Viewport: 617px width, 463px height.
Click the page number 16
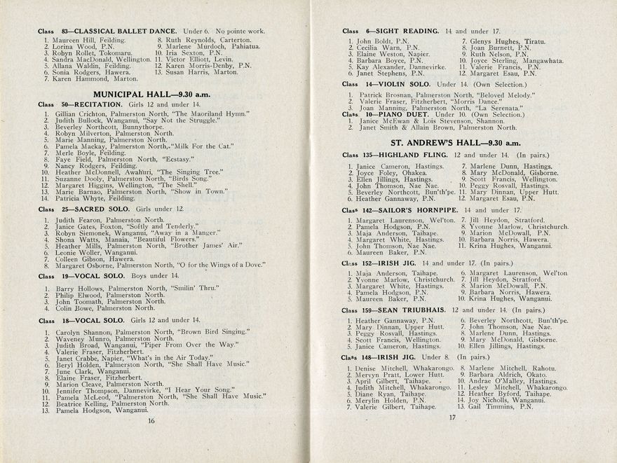point(151,420)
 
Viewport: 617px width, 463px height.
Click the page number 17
point(452,418)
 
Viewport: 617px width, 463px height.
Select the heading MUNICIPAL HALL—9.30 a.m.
point(154,93)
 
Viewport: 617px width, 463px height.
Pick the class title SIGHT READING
point(407,32)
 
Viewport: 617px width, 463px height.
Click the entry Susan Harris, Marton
point(201,72)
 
